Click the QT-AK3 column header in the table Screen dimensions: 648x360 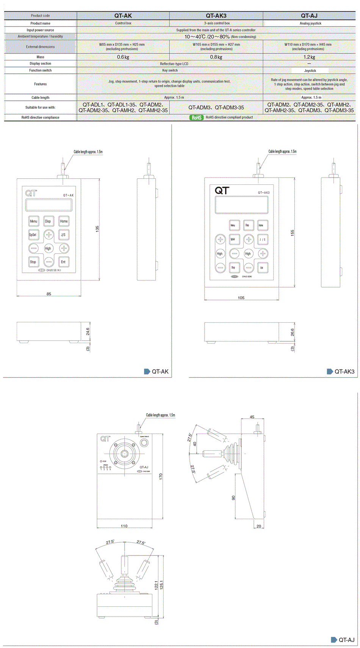(x=216, y=16)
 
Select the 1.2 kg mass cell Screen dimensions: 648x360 (x=309, y=57)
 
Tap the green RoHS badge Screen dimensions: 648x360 (x=196, y=117)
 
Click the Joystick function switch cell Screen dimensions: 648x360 (x=310, y=70)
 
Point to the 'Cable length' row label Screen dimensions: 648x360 (x=40, y=97)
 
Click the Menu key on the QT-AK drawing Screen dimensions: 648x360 (x=34, y=221)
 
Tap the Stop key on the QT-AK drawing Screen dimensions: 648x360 (x=33, y=262)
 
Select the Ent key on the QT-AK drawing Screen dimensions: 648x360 (x=63, y=262)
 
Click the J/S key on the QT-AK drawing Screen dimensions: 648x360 (x=63, y=235)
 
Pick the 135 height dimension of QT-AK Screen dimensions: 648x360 (x=97, y=229)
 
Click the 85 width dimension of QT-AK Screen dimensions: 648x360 (x=49, y=294)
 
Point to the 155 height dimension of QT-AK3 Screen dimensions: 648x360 (x=292, y=233)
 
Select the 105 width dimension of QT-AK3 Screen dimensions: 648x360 (x=241, y=298)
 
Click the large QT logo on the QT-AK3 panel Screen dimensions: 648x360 (x=222, y=190)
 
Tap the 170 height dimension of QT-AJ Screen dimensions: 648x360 (x=161, y=476)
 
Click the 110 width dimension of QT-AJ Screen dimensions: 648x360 (x=124, y=526)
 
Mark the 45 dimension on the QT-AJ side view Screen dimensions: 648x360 (x=252, y=417)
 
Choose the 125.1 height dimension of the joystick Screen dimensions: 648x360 (x=161, y=585)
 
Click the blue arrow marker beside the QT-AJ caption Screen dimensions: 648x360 (x=334, y=640)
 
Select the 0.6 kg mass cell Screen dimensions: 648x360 (x=123, y=57)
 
